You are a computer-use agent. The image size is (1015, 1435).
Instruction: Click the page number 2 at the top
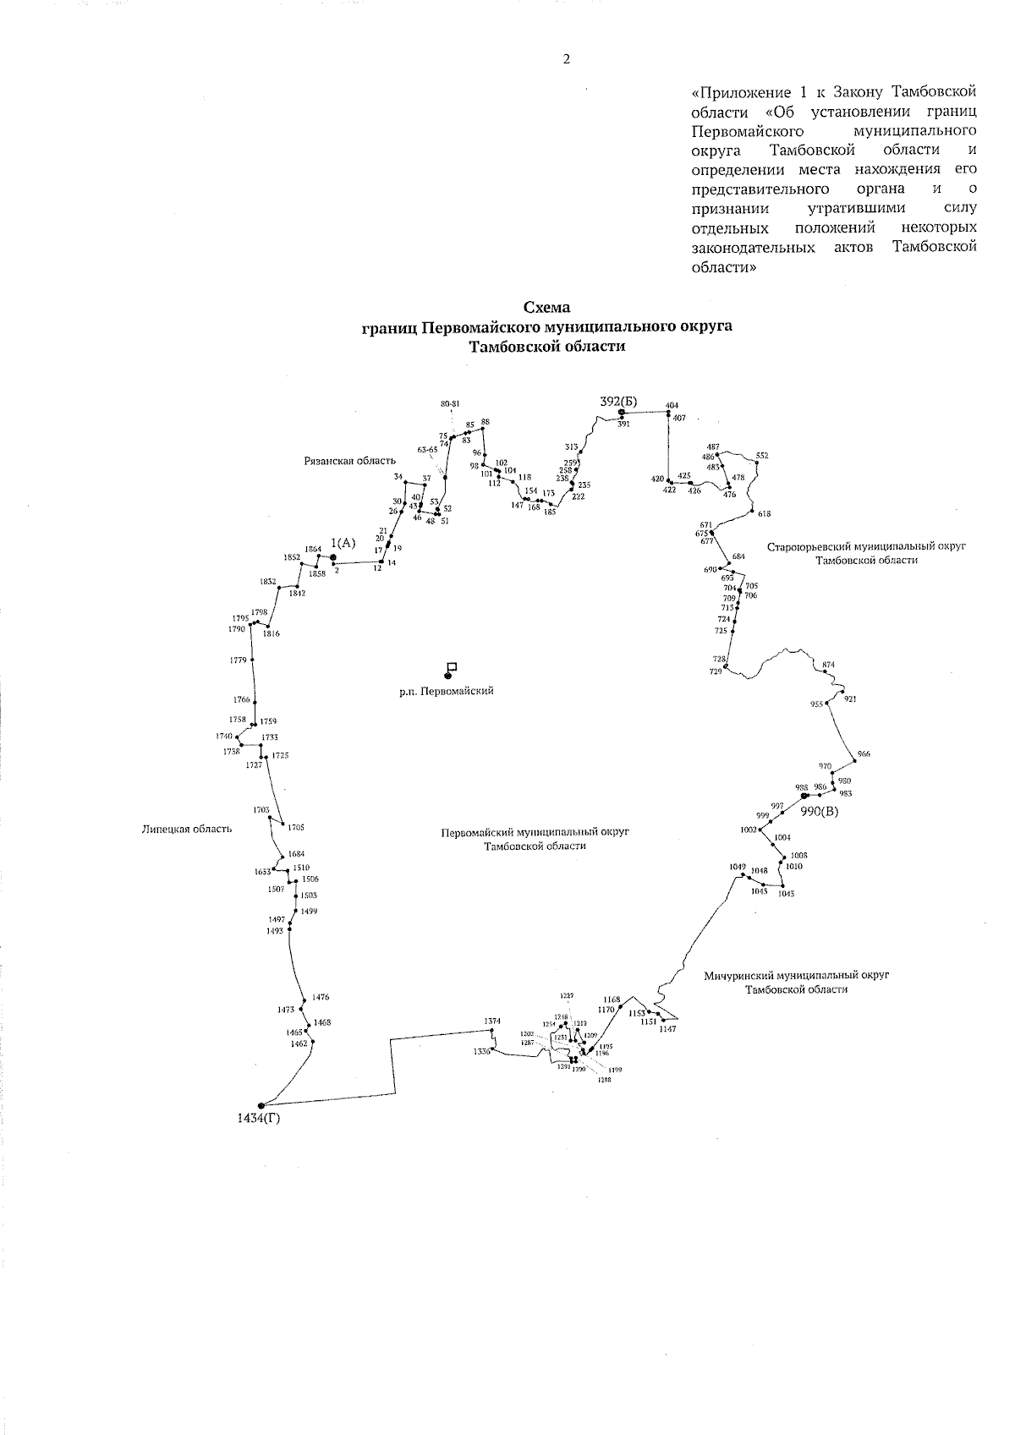[x=566, y=59]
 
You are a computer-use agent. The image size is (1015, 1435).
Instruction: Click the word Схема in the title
[x=547, y=309]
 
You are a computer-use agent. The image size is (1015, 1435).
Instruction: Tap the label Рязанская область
[x=349, y=461]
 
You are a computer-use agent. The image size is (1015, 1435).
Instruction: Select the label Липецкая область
[x=186, y=830]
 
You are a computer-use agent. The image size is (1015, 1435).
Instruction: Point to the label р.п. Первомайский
[x=447, y=691]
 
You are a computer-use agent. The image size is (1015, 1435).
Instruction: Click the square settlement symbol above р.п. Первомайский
[x=452, y=666]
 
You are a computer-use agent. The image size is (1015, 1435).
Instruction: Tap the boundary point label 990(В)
[x=820, y=812]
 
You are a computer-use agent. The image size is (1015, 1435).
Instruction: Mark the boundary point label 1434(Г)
[x=259, y=1120]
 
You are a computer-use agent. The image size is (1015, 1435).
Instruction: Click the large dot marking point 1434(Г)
[x=261, y=1105]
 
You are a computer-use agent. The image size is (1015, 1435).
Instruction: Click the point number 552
[x=762, y=456]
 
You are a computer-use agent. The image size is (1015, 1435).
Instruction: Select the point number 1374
[x=492, y=1021]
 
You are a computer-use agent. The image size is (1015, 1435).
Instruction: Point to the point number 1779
[x=238, y=660]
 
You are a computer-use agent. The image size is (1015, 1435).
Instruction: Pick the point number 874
[x=828, y=665]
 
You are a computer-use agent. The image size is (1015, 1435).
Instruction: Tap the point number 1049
[x=738, y=867]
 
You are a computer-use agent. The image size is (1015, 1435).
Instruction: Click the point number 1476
[x=320, y=998]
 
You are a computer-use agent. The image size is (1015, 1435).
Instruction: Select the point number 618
[x=765, y=514]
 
